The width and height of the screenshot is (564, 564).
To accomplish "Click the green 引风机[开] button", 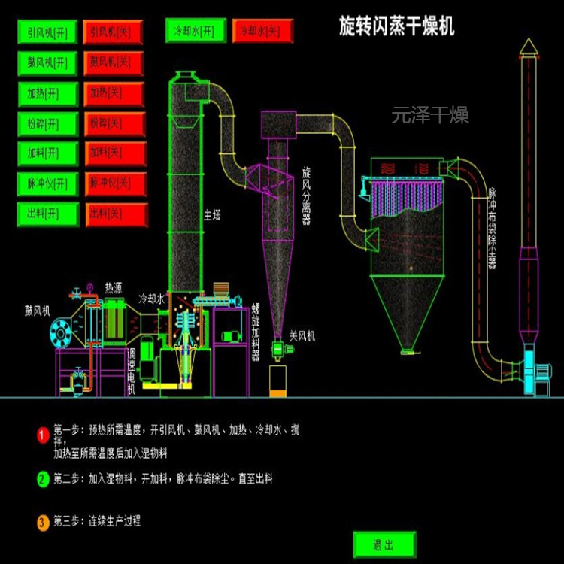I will (x=47, y=33).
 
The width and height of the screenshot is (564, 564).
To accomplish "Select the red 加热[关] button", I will (x=114, y=92).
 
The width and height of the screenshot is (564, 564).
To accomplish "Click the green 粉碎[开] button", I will (x=47, y=123).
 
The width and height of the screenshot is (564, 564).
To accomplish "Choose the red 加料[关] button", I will (x=114, y=153).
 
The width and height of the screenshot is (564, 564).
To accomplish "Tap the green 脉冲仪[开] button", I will (x=47, y=183).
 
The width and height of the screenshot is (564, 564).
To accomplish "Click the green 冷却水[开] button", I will (x=195, y=31).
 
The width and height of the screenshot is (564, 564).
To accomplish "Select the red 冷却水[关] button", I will (x=262, y=31).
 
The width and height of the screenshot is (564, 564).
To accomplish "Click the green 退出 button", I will (x=383, y=544).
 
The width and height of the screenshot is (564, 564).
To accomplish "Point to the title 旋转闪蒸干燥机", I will (x=396, y=28).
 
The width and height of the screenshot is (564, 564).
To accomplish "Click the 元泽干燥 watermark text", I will (x=430, y=116).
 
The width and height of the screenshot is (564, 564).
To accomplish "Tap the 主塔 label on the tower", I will (x=212, y=216).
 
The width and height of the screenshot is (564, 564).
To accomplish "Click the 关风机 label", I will (x=302, y=336).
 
